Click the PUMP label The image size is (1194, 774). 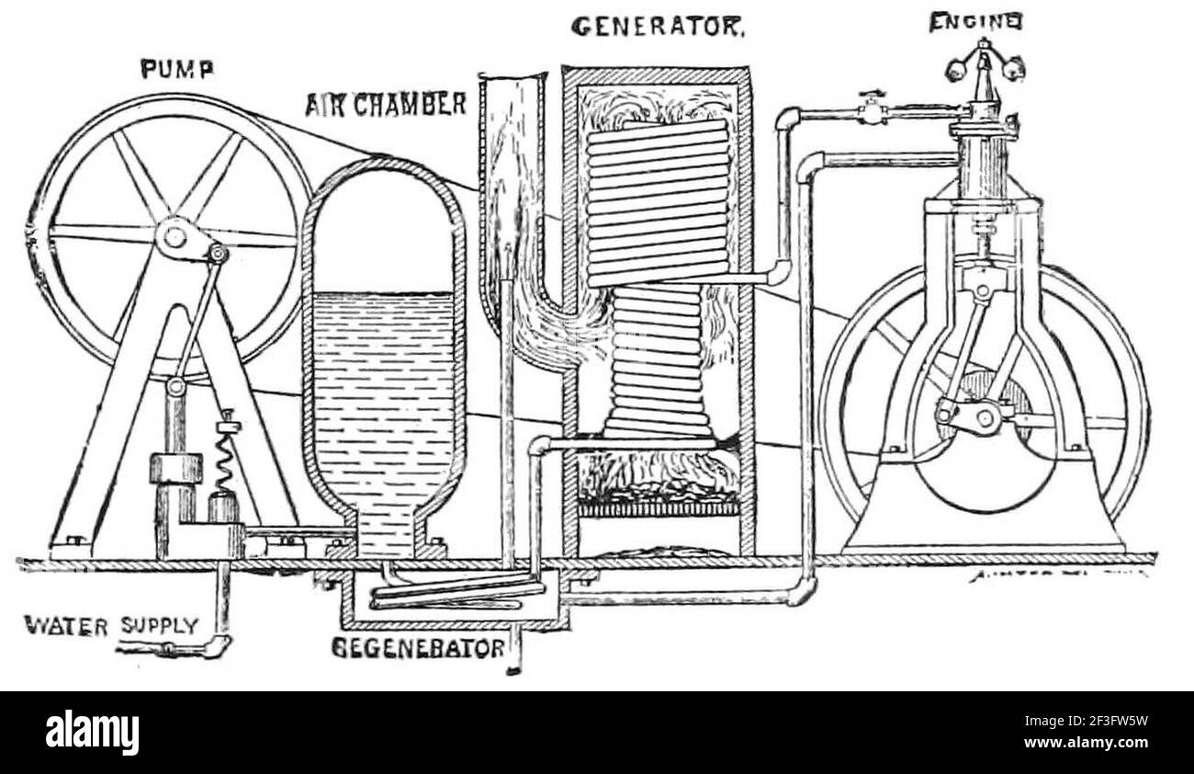pyautogui.click(x=175, y=69)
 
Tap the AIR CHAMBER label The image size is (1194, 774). pyautogui.click(x=386, y=104)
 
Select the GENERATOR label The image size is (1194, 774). pyautogui.click(x=657, y=27)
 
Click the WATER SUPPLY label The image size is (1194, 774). pyautogui.click(x=110, y=627)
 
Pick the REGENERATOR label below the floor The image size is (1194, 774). pyautogui.click(x=418, y=647)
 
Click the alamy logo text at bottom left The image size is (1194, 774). pyautogui.click(x=93, y=733)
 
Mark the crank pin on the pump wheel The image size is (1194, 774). pyautogui.click(x=217, y=253)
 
